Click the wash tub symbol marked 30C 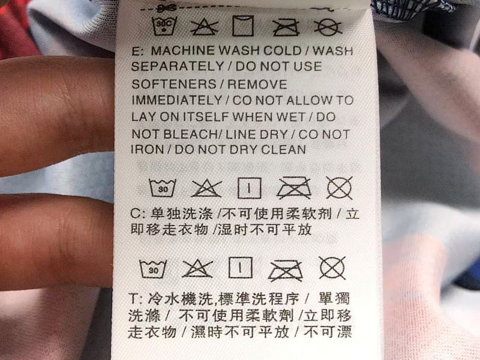[x=164, y=26]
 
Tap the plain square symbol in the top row [x=243, y=26]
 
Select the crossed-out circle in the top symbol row [x=328, y=27]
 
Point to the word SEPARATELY [x=178, y=67]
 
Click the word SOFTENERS [x=174, y=84]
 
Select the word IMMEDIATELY [x=177, y=100]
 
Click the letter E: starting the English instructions [x=137, y=51]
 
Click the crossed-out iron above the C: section [x=294, y=187]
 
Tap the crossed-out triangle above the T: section [x=197, y=268]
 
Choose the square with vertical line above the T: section [x=241, y=268]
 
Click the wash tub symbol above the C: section [x=163, y=188]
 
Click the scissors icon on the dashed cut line [x=167, y=7]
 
